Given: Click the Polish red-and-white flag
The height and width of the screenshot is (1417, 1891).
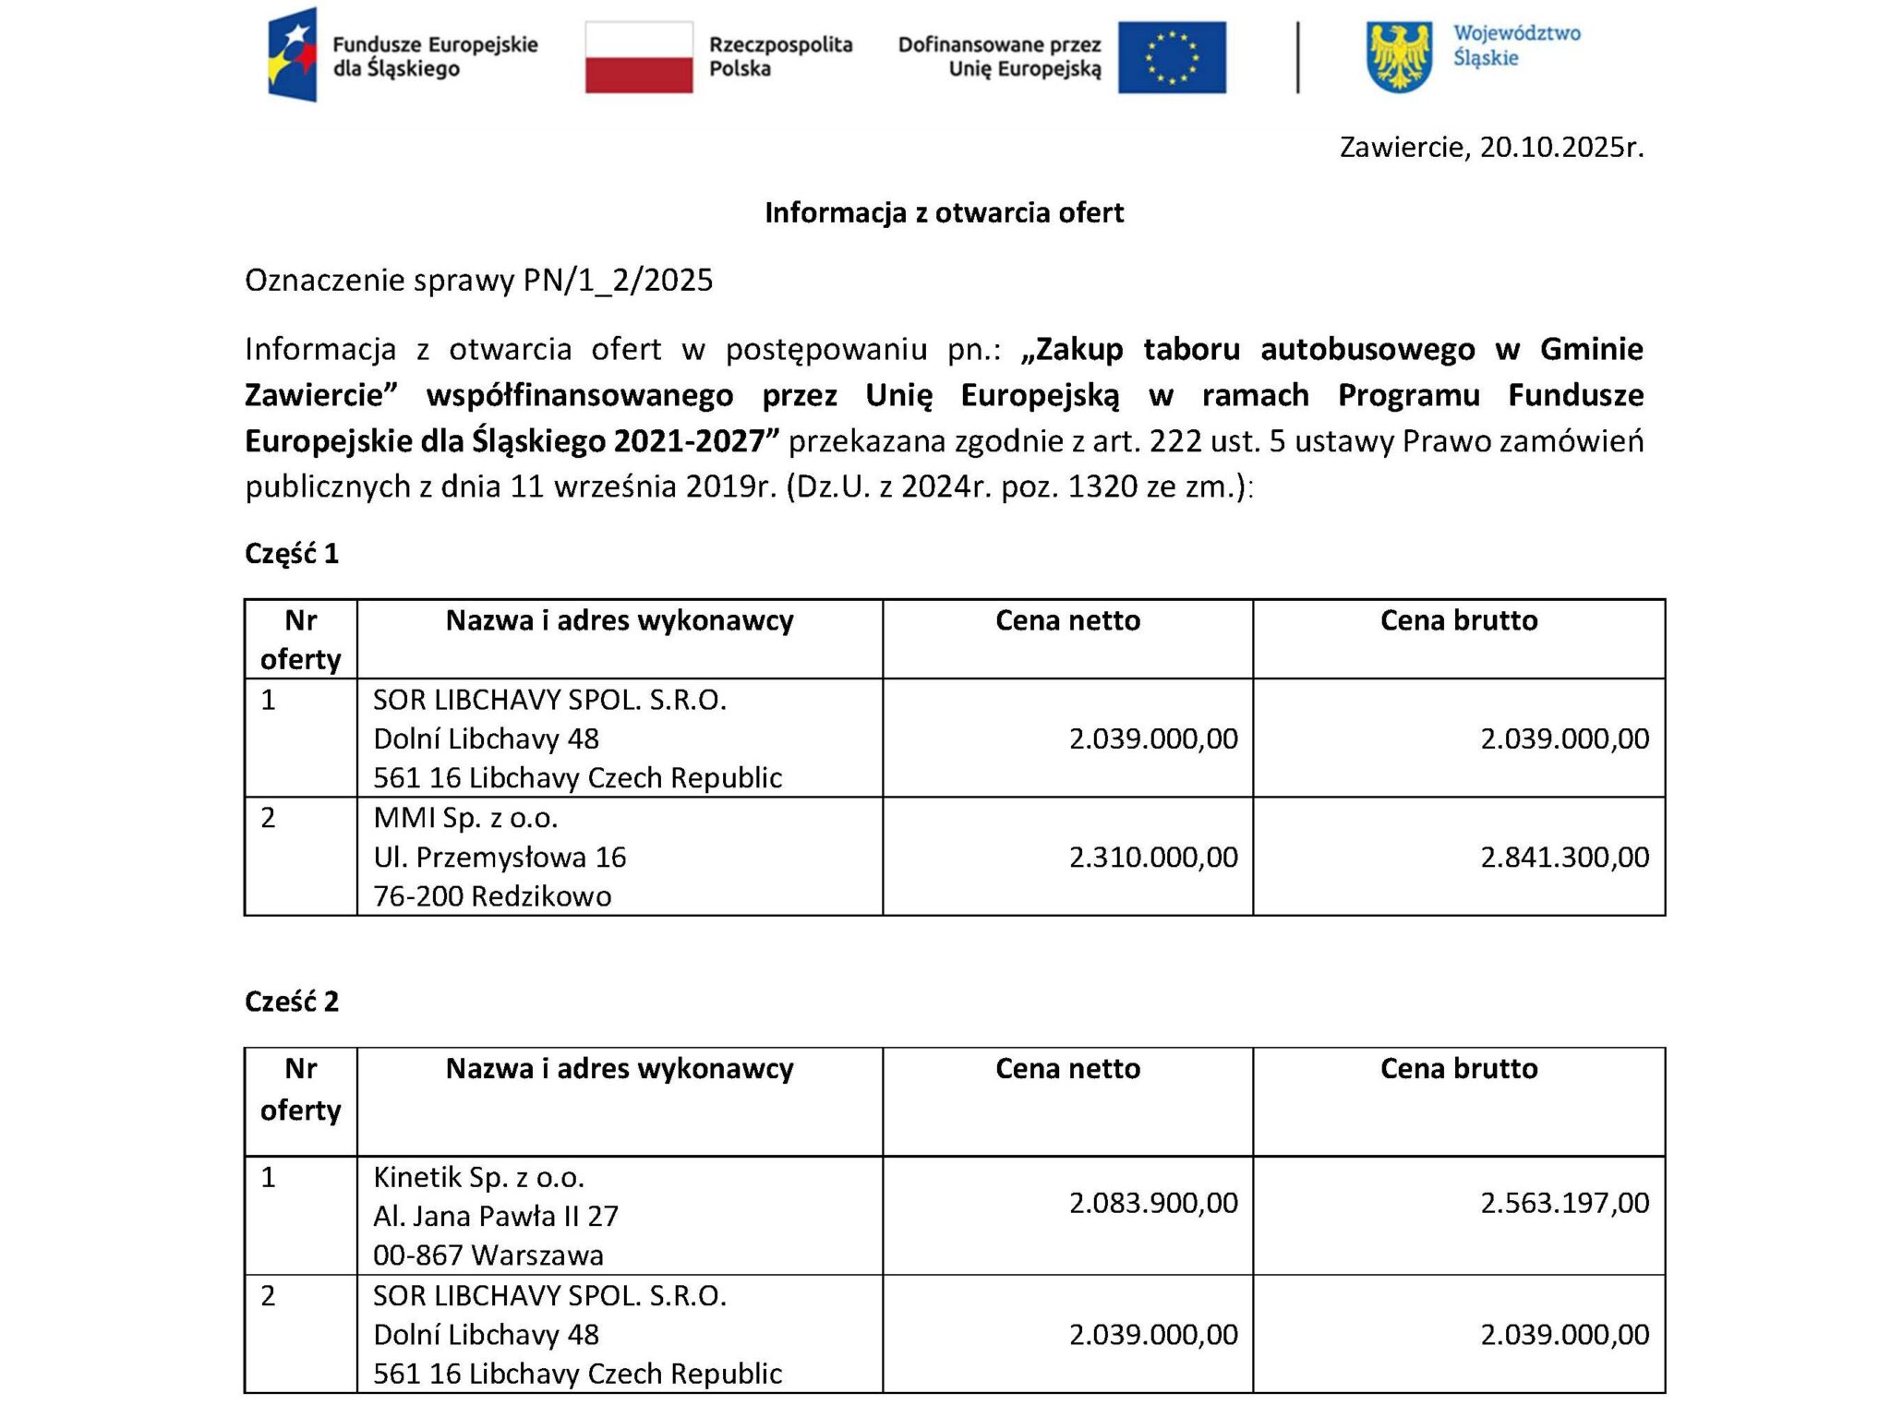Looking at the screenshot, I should [x=638, y=57].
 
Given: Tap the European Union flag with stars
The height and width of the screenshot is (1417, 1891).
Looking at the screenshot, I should [x=1172, y=57].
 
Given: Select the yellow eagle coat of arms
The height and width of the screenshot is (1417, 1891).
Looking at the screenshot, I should [x=1400, y=57].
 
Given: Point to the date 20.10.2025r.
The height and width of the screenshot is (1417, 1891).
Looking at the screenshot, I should [x=1561, y=148].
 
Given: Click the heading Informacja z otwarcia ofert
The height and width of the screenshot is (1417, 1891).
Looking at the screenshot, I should [x=944, y=213].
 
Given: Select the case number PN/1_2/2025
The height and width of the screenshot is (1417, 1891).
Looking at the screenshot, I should [x=618, y=280].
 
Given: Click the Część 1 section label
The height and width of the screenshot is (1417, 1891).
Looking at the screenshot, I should [x=292, y=553].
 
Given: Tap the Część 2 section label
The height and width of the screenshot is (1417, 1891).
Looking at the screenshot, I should [x=292, y=1002].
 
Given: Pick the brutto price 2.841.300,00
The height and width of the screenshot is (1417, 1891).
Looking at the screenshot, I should [x=1564, y=857].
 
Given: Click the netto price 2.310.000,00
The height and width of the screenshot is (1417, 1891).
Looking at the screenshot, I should [x=1153, y=857].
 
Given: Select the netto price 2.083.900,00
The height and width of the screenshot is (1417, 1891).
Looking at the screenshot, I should [x=1153, y=1202].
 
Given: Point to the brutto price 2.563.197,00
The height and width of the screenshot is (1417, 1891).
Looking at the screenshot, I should [x=1564, y=1202].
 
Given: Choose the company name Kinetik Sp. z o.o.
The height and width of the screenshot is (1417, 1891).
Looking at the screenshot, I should [x=478, y=1177].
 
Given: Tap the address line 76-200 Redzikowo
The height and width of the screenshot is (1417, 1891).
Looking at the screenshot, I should [x=492, y=896].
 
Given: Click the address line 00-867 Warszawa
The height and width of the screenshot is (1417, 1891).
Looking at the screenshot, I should [x=488, y=1255].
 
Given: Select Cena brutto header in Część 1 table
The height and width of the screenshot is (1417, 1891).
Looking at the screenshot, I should [x=1459, y=620].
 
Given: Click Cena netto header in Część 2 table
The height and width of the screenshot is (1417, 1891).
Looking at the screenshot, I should [x=1067, y=1069].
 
